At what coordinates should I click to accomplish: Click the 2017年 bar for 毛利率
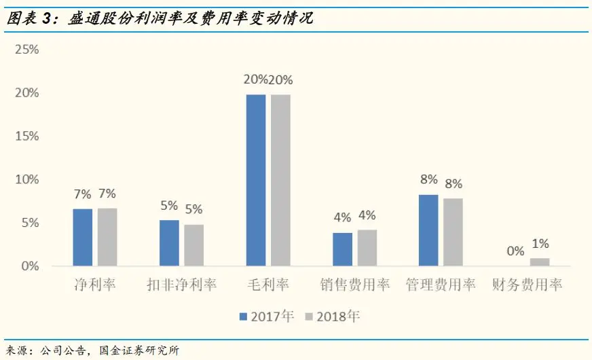[256, 180]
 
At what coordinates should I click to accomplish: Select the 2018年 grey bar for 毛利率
[280, 180]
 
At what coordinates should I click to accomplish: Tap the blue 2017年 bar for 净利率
[83, 237]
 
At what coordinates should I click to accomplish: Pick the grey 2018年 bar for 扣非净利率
[193, 245]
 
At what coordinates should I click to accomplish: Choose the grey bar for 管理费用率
[453, 232]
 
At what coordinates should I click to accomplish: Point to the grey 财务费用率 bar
[540, 262]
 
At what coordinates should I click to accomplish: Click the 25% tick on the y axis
[28, 50]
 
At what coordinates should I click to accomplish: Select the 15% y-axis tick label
[28, 136]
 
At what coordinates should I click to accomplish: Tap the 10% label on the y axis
[28, 179]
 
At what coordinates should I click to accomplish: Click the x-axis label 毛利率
[268, 285]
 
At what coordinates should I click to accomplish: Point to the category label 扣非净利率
[182, 285]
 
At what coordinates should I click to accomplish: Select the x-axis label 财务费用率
[528, 285]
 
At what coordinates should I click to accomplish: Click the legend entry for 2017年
[266, 316]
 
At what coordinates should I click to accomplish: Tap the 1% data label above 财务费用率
[540, 244]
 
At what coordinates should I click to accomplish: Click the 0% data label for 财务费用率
[515, 251]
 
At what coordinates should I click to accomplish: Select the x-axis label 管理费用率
[441, 285]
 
